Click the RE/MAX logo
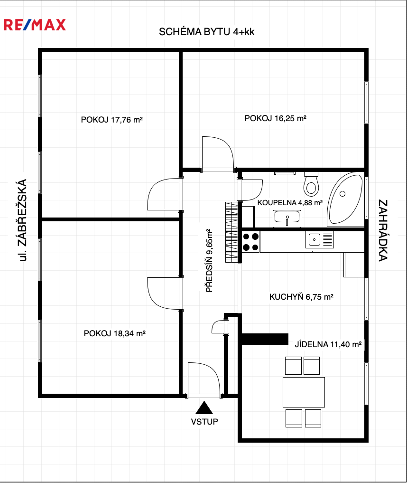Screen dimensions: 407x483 click(x=35, y=25)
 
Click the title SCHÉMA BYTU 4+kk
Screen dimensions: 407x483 click(x=206, y=32)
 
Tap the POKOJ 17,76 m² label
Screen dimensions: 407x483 click(x=111, y=120)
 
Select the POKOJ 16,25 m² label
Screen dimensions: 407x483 click(x=275, y=118)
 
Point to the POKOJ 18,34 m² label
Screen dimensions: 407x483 click(x=114, y=333)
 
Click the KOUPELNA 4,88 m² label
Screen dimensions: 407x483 click(x=290, y=203)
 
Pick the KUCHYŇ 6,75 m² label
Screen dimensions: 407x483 click(x=301, y=297)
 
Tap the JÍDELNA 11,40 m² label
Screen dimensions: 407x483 click(x=328, y=344)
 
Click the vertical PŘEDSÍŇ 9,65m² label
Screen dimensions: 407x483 click(x=209, y=261)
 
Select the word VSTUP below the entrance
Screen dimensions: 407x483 click(x=204, y=421)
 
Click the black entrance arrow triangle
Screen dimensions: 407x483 click(x=204, y=407)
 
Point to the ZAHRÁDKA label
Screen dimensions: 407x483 click(x=383, y=230)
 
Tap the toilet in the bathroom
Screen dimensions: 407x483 click(x=311, y=184)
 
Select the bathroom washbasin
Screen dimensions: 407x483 click(x=287, y=218)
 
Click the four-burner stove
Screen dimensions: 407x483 click(x=251, y=242)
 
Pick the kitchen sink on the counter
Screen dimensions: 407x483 click(x=319, y=240)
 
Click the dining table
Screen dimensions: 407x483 click(x=304, y=392)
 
